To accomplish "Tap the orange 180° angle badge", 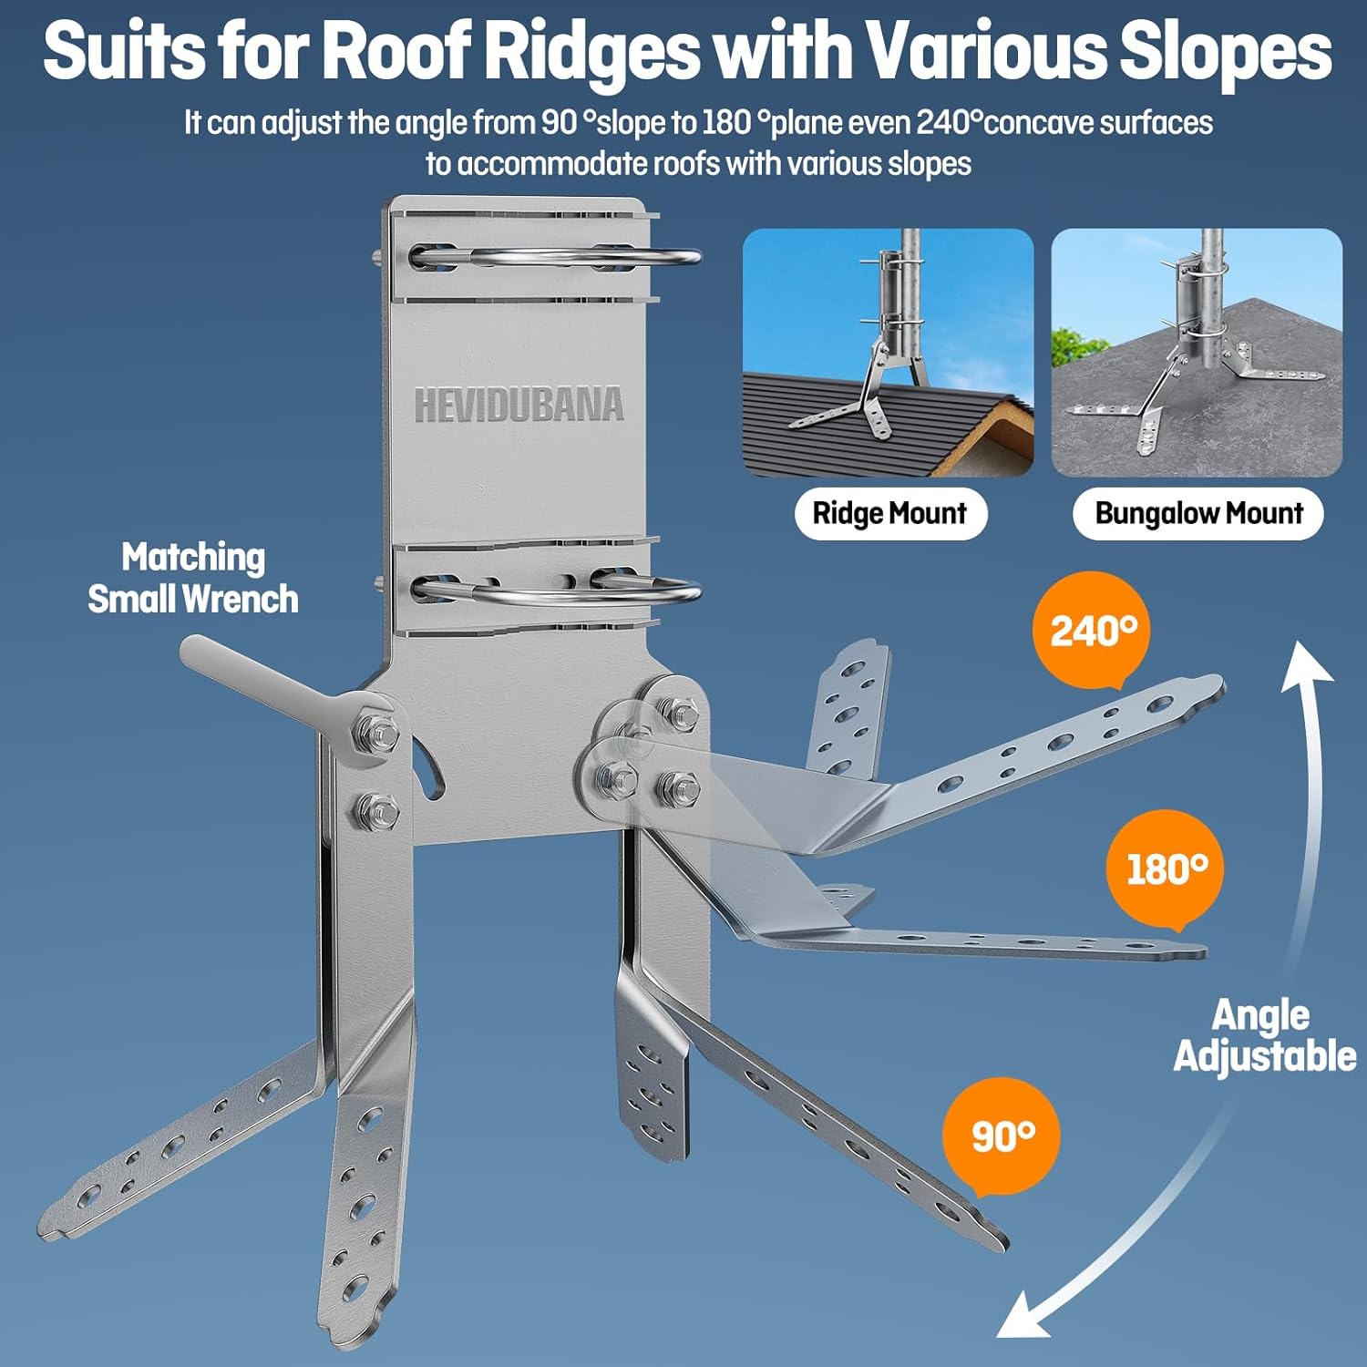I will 1166,869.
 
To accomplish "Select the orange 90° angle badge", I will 1002,1136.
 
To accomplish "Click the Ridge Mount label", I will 889,513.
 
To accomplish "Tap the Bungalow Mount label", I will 1198,513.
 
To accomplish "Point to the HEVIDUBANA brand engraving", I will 519,406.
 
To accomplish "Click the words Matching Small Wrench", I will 193,578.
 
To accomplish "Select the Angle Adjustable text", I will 1263,1035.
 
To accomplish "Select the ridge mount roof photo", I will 888,352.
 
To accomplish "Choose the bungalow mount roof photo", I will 1196,352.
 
